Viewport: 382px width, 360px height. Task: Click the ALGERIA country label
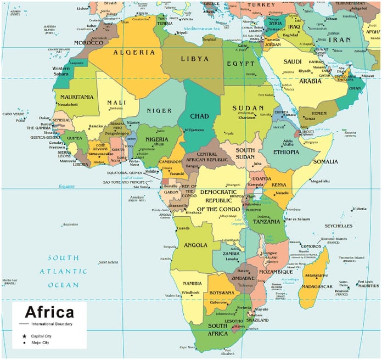pyautogui.click(x=134, y=53)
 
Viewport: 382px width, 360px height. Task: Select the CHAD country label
pyautogui.click(x=199, y=116)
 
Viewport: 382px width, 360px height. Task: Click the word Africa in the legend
pyautogui.click(x=49, y=313)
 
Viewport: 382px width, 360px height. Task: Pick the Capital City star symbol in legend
pyautogui.click(x=24, y=335)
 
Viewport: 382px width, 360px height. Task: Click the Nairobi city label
pyautogui.click(x=282, y=193)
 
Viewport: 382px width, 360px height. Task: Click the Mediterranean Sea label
pyautogui.click(x=201, y=27)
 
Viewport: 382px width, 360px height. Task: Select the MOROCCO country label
pyautogui.click(x=88, y=43)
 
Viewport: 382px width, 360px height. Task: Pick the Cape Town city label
pyautogui.click(x=188, y=347)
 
